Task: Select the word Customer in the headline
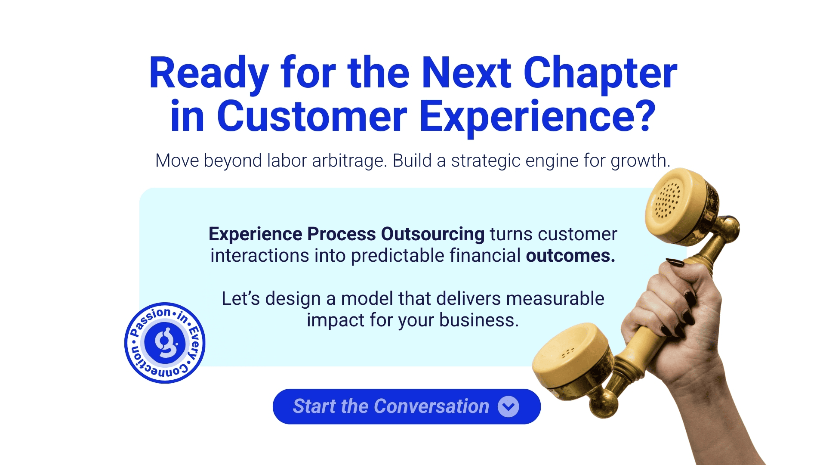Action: [x=312, y=116]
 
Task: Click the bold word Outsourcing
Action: [x=433, y=234]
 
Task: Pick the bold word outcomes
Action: [x=570, y=256]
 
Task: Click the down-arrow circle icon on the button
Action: [x=509, y=406]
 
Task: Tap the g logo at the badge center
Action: [x=165, y=343]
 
